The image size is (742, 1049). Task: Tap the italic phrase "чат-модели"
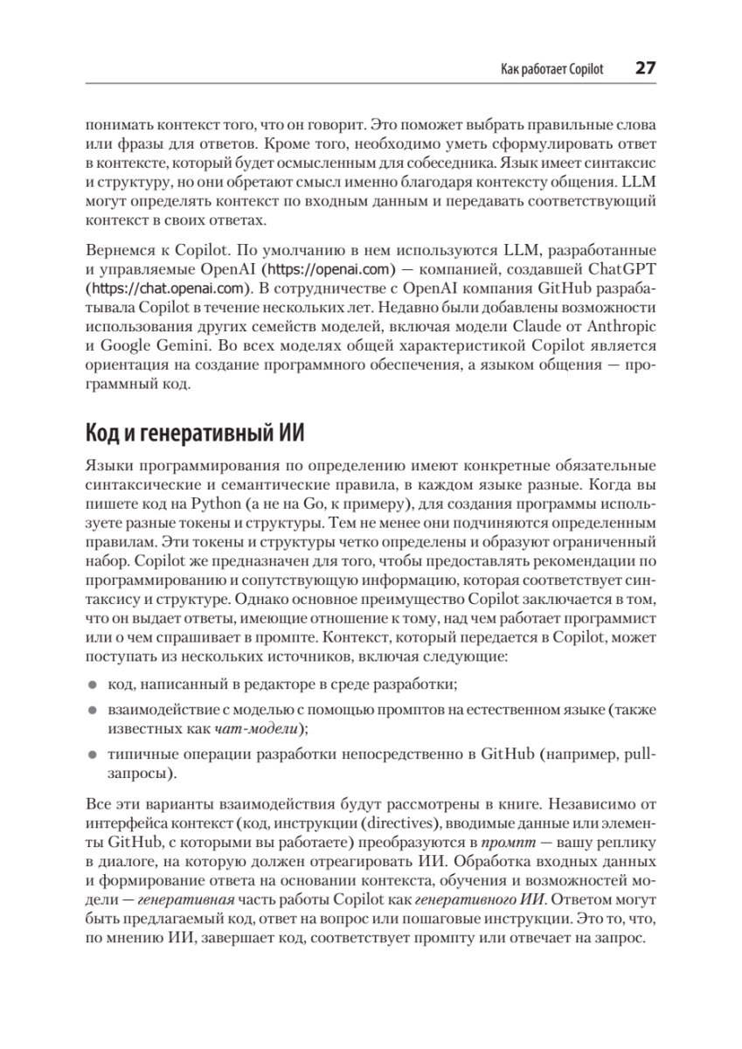(255, 727)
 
